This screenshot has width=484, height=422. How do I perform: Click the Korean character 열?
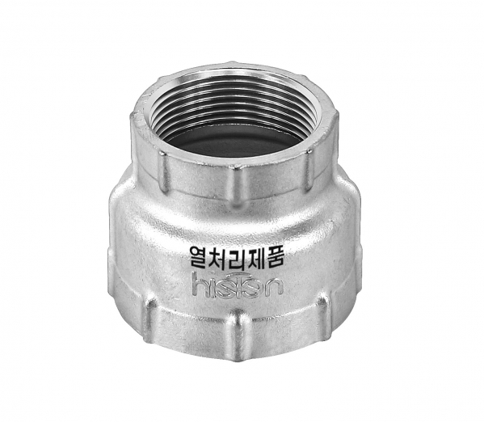tap(199, 256)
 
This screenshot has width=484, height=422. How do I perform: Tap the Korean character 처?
tap(217, 256)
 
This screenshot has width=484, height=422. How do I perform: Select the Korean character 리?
tap(235, 256)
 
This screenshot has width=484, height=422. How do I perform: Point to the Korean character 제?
tap(255, 256)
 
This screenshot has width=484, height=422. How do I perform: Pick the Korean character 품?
tap(273, 256)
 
